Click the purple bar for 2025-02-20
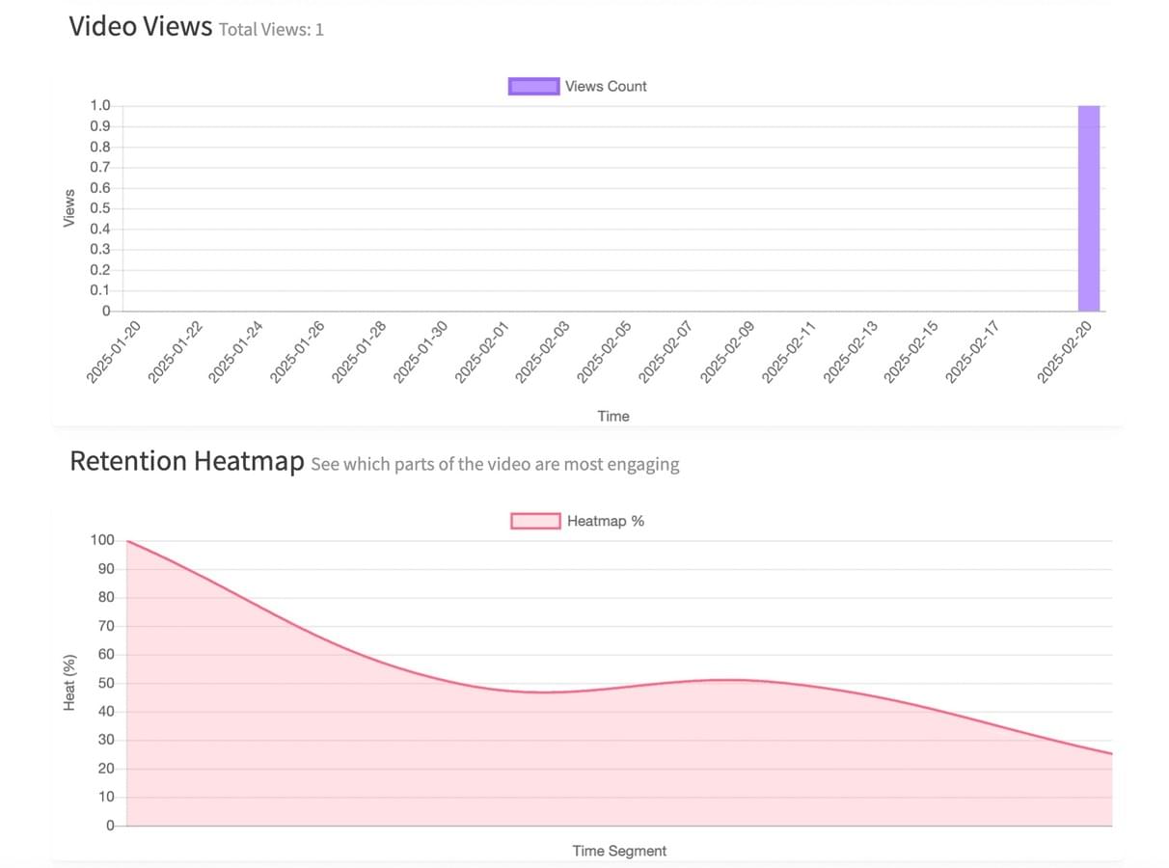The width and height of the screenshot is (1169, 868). tap(1088, 208)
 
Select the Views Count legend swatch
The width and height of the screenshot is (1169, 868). tap(533, 86)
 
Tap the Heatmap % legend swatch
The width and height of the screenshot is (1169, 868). tap(535, 521)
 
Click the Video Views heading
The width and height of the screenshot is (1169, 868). tap(140, 26)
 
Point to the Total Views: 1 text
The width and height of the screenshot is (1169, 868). tap(271, 29)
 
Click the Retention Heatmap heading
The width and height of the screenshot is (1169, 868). tap(187, 461)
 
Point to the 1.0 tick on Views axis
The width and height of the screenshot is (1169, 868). tap(100, 105)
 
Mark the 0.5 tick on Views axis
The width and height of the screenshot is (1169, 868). tap(100, 208)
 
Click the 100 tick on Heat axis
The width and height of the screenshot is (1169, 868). tap(102, 541)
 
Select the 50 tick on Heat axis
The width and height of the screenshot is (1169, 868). tap(106, 684)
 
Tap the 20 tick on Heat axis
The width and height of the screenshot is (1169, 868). tap(106, 769)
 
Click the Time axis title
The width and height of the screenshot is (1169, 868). tap(612, 417)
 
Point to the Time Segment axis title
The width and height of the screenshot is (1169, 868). tap(619, 851)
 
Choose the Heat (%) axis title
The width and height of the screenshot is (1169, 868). tap(69, 683)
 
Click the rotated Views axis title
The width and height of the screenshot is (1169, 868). tap(69, 208)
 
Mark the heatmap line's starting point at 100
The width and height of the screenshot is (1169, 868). tap(127, 541)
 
